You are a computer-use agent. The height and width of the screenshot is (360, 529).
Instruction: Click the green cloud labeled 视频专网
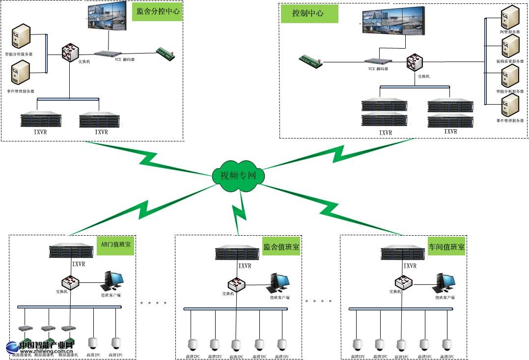[238, 174]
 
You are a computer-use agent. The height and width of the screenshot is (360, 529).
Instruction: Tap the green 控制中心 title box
[309, 14]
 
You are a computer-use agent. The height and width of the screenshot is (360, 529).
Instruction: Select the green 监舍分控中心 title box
[157, 12]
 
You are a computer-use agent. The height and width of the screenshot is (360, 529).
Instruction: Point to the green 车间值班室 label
[446, 248]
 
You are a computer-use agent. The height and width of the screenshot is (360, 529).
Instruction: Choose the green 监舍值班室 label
[281, 248]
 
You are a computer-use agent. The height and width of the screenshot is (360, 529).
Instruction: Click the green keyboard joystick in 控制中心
[311, 61]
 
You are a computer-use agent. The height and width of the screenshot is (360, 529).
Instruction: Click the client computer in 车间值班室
[445, 282]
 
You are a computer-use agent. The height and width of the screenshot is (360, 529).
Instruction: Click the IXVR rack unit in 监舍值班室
[237, 253]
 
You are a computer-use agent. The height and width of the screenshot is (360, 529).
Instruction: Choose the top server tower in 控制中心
[509, 17]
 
